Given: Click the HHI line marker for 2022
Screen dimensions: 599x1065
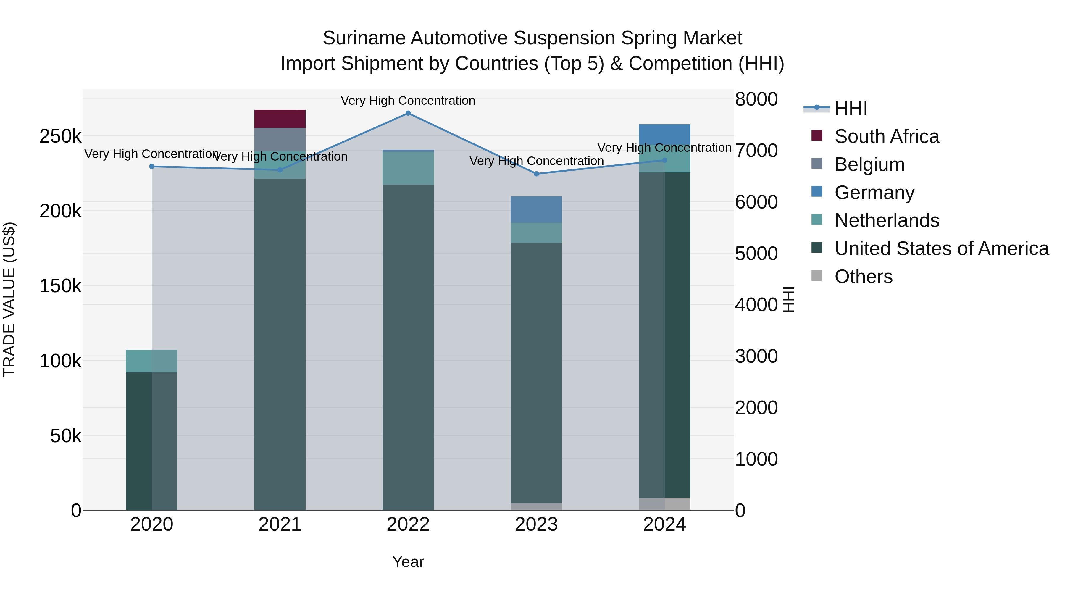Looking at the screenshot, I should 408,113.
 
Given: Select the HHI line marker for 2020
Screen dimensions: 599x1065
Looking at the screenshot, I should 152,167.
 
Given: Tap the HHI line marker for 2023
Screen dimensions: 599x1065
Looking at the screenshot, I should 537,174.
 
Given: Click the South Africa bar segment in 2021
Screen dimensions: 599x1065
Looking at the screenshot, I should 280,119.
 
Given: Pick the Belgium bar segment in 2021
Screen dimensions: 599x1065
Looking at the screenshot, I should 280,139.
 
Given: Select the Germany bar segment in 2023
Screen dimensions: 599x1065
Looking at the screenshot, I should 537,210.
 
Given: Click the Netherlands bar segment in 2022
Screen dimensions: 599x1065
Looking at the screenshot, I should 408,168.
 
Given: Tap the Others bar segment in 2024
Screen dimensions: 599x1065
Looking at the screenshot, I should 665,504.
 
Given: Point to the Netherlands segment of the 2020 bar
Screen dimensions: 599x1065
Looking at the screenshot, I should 152,361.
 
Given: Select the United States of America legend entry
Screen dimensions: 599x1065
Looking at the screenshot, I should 941,248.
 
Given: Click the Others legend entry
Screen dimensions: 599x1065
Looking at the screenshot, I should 863,277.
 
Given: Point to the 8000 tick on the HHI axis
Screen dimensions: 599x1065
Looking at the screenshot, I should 756,99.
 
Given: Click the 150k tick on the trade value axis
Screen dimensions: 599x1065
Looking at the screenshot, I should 60,286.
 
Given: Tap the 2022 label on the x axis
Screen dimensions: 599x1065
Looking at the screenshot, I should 408,524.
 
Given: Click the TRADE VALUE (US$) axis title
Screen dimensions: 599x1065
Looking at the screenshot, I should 9,299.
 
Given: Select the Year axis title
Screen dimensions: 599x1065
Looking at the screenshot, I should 408,562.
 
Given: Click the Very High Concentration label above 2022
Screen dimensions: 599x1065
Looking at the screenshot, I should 408,101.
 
